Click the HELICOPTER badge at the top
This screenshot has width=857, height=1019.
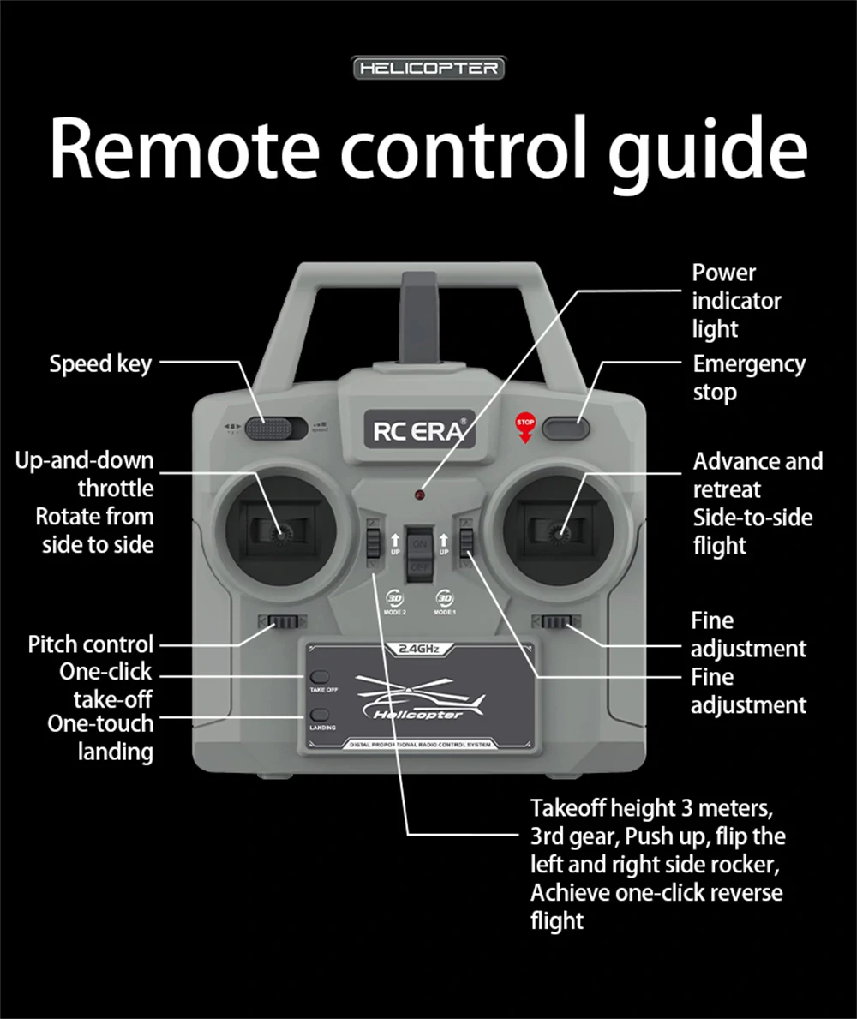point(428,68)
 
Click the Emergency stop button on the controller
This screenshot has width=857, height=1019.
point(566,426)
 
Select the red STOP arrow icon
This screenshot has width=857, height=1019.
point(524,426)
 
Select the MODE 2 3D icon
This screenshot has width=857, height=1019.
point(395,599)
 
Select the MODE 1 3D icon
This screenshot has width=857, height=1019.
point(444,599)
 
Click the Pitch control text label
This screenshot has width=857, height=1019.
point(91,644)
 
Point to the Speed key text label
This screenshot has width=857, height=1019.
point(100,363)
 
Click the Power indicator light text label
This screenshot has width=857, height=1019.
point(736,301)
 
